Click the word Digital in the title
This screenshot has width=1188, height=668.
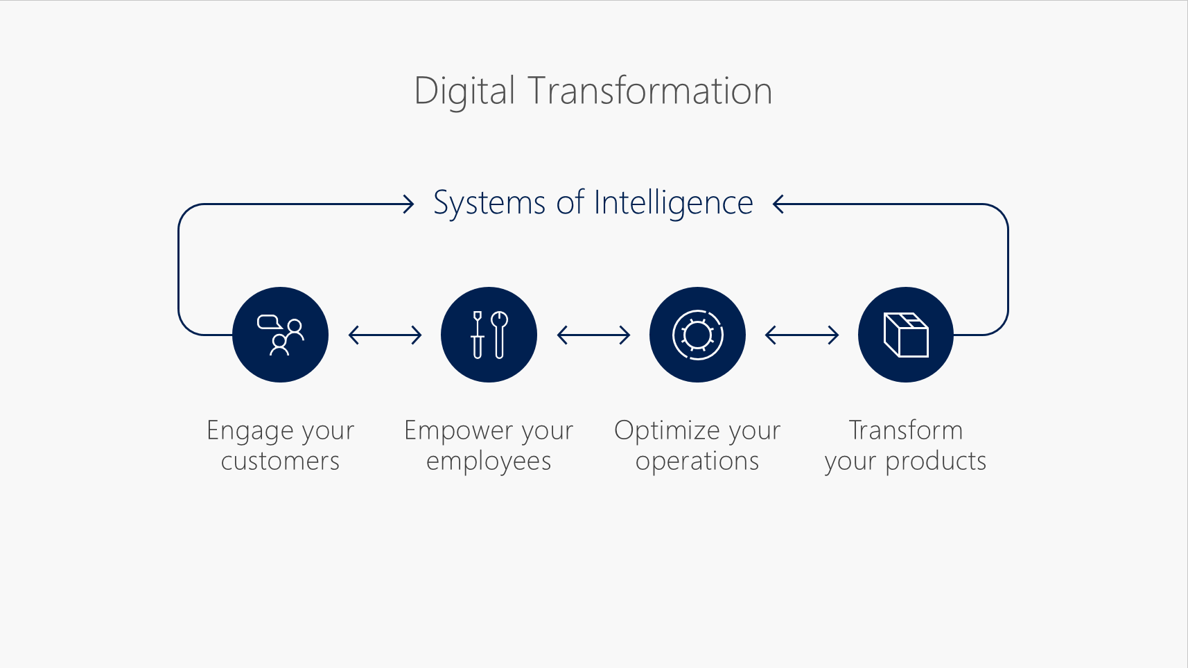coord(464,91)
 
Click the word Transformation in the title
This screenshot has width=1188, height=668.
coord(649,91)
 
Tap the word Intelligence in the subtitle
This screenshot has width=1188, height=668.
coord(673,203)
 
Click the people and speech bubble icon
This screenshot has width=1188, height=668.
coord(280,335)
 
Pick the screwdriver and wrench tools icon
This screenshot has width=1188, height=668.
coord(489,335)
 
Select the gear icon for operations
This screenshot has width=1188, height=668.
coord(697,335)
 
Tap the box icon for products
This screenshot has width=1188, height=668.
coord(906,335)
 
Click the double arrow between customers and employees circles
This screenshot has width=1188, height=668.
coord(385,335)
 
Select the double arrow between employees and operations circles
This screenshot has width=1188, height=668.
coord(593,335)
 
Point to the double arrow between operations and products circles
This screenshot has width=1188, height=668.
coord(801,335)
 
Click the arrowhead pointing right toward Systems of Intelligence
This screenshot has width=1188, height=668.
coord(408,204)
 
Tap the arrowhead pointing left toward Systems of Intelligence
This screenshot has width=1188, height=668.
coord(778,204)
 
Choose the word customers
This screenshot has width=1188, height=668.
coord(280,462)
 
